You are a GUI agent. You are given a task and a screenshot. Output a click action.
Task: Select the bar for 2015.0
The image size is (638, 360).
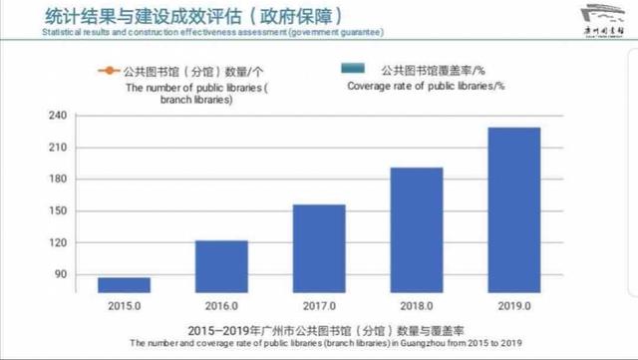[124, 284]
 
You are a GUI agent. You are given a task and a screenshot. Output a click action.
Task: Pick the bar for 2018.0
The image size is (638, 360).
[416, 229]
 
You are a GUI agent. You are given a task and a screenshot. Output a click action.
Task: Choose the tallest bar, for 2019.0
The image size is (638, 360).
[513, 209]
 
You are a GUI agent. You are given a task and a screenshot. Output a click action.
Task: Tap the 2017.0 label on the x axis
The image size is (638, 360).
[318, 304]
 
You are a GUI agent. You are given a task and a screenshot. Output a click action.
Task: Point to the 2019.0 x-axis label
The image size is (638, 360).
[513, 304]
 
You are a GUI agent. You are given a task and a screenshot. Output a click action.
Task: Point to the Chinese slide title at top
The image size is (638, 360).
[180, 16]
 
